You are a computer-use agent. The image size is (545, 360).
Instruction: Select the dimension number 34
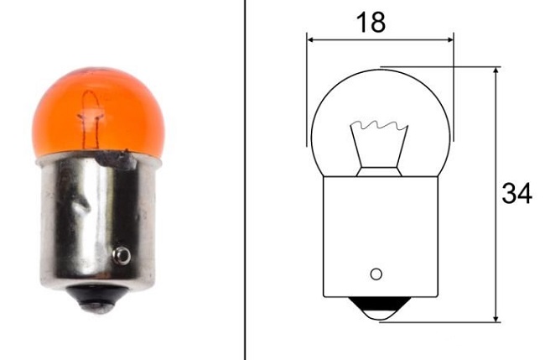[x=516, y=195]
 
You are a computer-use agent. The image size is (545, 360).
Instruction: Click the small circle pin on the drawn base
[x=376, y=274]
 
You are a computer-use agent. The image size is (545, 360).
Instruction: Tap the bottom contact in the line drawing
[x=380, y=310]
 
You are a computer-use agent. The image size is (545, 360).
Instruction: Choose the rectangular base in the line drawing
[x=380, y=235]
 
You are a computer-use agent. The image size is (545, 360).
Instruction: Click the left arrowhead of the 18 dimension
[x=311, y=39]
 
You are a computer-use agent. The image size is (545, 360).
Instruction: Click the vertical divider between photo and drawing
[x=245, y=180]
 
